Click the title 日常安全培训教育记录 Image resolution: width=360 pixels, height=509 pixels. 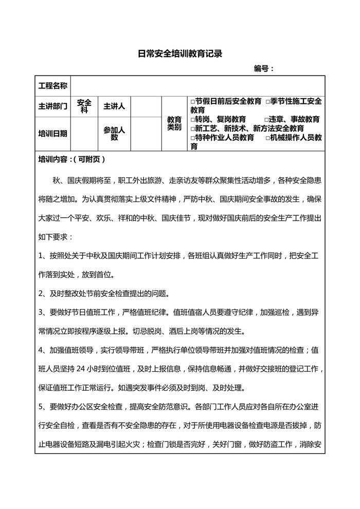(179, 53)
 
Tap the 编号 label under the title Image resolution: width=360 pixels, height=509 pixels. (264, 69)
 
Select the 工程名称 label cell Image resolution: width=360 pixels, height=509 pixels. (53, 85)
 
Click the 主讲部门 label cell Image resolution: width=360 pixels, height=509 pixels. (53, 106)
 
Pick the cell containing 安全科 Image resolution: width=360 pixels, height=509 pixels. (84, 106)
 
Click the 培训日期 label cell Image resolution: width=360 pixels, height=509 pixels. (53, 134)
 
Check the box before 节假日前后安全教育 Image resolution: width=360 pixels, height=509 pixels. (192, 101)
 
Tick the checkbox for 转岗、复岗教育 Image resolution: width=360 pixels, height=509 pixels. (192, 119)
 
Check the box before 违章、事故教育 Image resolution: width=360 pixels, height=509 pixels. (267, 119)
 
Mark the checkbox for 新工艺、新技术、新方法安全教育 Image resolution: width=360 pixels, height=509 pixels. (192, 129)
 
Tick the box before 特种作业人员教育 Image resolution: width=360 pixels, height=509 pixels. (192, 138)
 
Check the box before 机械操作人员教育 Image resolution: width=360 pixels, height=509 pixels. (267, 138)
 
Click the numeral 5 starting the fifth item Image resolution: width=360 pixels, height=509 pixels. (41, 407)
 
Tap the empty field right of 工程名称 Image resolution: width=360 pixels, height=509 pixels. (199, 85)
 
